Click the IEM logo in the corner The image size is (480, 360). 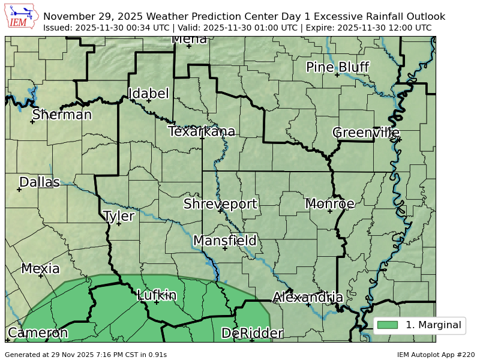coord(22,17)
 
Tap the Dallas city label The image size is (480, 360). coord(40,182)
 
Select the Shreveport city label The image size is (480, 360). coord(220,204)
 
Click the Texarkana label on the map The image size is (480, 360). coord(202,131)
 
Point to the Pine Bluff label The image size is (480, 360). coord(337,67)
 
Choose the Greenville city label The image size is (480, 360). coord(366,133)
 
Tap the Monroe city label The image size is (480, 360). coord(329,204)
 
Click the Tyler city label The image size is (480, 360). coord(119,216)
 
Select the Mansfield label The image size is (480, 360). coord(225,241)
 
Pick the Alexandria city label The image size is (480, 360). coord(308,298)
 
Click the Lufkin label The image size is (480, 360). coord(157,295)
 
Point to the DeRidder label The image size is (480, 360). coord(252,334)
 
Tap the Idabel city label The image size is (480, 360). coord(149,94)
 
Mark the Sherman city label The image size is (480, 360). coord(62,115)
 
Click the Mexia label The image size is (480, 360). coord(40,269)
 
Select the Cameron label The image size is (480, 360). coord(37,333)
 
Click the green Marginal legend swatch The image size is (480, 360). coord(387,325)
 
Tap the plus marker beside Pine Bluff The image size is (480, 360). coord(337,75)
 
